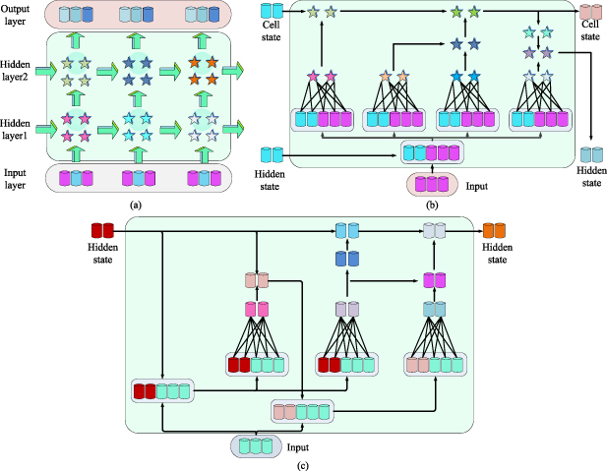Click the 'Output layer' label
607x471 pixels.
[15, 15]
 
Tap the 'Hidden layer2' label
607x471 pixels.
[15, 71]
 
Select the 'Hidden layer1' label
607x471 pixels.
[15, 129]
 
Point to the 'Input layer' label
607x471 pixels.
[15, 179]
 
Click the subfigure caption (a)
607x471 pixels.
[136, 205]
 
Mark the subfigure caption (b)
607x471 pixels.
[432, 205]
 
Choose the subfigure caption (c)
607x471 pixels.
[303, 465]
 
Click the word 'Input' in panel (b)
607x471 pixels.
[476, 186]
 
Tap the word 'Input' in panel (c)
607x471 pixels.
[298, 447]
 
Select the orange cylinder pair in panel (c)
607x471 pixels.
[494, 230]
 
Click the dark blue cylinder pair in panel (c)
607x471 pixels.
[347, 259]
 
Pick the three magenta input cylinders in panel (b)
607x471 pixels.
[432, 184]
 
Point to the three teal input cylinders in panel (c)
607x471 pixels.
[256, 446]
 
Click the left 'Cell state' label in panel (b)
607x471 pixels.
[271, 30]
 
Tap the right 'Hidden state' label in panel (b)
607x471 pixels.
[591, 176]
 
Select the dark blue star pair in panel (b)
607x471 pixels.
[465, 44]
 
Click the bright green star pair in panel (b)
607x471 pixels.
[465, 12]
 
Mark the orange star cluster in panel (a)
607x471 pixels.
[204, 71]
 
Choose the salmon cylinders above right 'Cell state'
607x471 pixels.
[590, 12]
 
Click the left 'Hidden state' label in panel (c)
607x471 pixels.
[102, 253]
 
